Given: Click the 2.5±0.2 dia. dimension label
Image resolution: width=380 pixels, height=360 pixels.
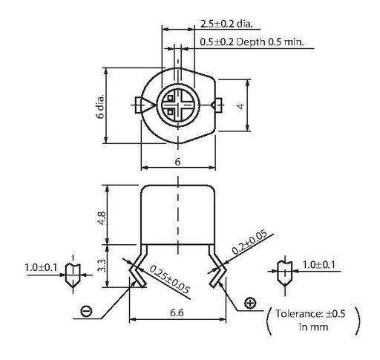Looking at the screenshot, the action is pyautogui.click(x=226, y=24).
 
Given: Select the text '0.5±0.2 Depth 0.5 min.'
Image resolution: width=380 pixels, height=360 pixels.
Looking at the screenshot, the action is pyautogui.click(x=252, y=42).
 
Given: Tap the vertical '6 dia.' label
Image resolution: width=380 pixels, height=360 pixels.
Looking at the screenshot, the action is pyautogui.click(x=101, y=106).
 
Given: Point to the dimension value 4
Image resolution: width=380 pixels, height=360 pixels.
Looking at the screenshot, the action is pyautogui.click(x=240, y=106).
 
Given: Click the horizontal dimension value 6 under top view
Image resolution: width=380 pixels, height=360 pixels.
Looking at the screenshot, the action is pyautogui.click(x=177, y=162).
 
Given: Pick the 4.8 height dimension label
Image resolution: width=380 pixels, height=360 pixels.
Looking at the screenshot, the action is pyautogui.click(x=102, y=218).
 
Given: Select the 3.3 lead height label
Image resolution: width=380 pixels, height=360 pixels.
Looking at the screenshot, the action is pyautogui.click(x=102, y=265).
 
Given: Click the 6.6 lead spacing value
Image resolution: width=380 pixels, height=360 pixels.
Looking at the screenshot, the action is pyautogui.click(x=177, y=312).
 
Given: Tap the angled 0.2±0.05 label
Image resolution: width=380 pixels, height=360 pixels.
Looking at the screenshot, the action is pyautogui.click(x=249, y=242).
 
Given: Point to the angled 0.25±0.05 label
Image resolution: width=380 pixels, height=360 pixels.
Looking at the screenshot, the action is pyautogui.click(x=170, y=279).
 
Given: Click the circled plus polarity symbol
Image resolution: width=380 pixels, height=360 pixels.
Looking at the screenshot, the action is pyautogui.click(x=250, y=303).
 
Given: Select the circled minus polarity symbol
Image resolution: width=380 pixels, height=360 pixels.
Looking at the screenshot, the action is pyautogui.click(x=86, y=310).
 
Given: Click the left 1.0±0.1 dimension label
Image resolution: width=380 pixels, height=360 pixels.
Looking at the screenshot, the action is pyautogui.click(x=41, y=267).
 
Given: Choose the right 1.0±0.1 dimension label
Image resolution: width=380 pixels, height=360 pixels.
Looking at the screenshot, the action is pyautogui.click(x=319, y=265).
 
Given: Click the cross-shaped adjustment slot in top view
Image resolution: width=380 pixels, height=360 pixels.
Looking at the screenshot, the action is pyautogui.click(x=178, y=105).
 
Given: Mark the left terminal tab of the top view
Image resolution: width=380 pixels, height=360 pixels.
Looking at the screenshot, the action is pyautogui.click(x=139, y=105).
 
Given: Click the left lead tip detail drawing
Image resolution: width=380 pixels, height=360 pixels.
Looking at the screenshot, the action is pyautogui.click(x=73, y=275).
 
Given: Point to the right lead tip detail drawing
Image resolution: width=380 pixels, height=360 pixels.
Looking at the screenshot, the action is pyautogui.click(x=285, y=272).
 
